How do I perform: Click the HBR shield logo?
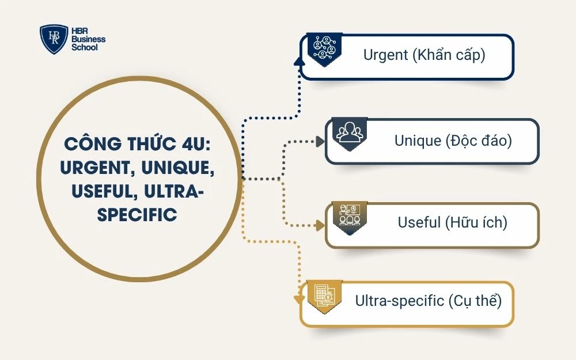(x=54, y=39)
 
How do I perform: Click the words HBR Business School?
(x=88, y=39)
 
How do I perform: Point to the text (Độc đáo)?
(x=478, y=140)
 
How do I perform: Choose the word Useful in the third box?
(x=419, y=222)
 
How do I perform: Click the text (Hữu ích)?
(x=476, y=222)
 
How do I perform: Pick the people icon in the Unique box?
(x=350, y=133)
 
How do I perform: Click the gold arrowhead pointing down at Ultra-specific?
(x=298, y=300)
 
